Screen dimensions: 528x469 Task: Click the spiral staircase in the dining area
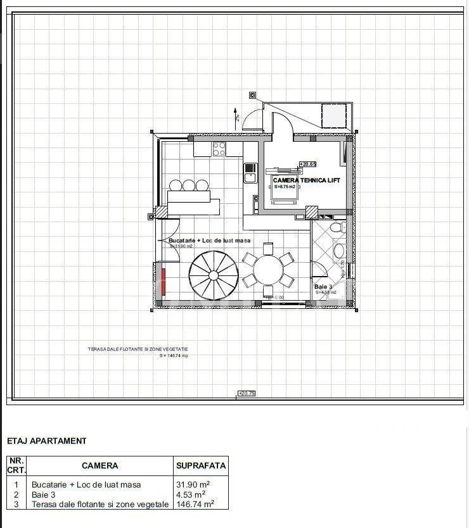click(x=214, y=275)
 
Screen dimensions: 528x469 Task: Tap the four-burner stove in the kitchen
click(x=219, y=149)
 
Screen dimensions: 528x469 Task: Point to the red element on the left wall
click(x=164, y=282)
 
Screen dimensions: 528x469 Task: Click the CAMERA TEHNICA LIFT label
click(x=307, y=180)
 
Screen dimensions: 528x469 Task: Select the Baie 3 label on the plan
click(x=323, y=287)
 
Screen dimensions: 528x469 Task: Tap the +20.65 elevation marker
click(x=307, y=164)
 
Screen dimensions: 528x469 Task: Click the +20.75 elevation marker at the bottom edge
click(x=246, y=393)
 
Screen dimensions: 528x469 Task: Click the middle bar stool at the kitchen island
click(x=189, y=185)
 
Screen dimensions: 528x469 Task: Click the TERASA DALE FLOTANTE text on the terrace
click(x=138, y=349)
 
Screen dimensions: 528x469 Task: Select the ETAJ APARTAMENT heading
click(x=46, y=441)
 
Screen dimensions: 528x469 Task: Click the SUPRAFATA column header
click(x=200, y=465)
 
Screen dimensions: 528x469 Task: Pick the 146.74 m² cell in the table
click(x=195, y=504)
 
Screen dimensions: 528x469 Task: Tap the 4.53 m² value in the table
click(x=190, y=494)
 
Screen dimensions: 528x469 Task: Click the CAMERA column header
click(x=100, y=465)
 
